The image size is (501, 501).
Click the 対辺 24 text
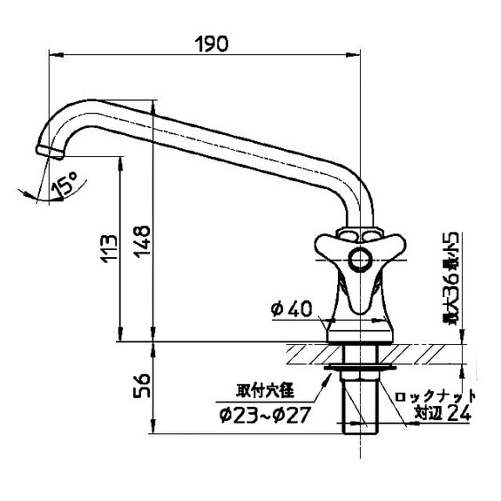443,414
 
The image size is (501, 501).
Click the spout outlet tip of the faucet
53,154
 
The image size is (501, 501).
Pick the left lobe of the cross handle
327,247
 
